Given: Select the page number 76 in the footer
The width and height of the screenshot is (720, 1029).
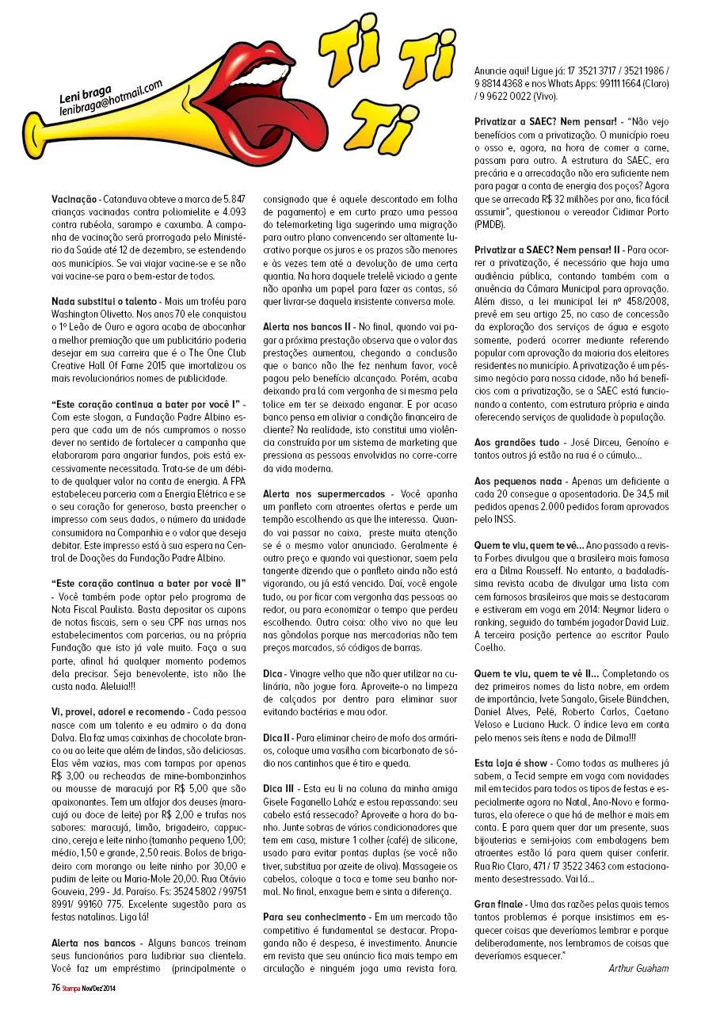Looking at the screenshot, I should (x=55, y=986).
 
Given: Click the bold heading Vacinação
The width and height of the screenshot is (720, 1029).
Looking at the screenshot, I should (x=74, y=198).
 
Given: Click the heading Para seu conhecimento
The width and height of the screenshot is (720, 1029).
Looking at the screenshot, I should (x=314, y=917).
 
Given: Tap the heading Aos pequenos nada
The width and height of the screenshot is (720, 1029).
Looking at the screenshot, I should (x=518, y=481).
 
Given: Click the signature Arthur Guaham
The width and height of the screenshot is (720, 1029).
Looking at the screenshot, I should (x=638, y=968).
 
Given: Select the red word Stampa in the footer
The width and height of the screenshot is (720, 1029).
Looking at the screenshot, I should (x=71, y=987).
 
